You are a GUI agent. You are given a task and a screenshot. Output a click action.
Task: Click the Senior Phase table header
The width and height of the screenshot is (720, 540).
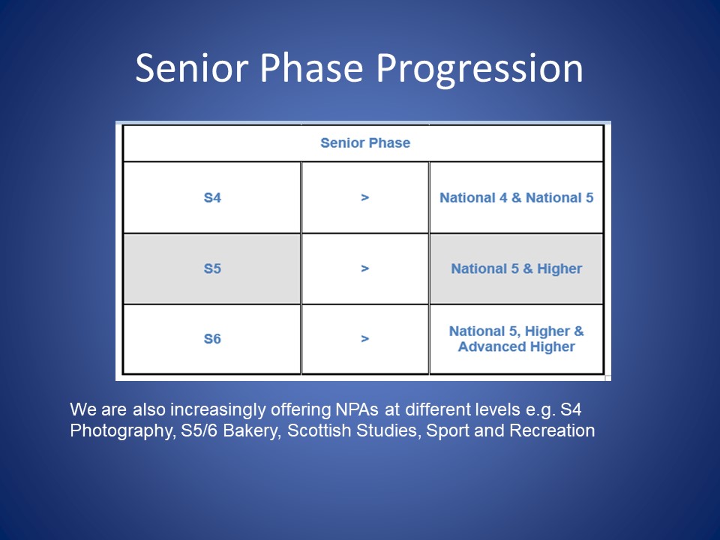(365, 142)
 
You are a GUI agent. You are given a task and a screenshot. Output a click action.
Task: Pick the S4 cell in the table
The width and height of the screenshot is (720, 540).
(212, 197)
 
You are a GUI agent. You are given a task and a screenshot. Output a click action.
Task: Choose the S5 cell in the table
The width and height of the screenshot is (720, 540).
(212, 268)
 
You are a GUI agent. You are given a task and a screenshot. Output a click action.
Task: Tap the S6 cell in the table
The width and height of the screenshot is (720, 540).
(212, 339)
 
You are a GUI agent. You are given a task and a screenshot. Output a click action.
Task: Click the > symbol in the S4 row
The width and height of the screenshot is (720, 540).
(365, 197)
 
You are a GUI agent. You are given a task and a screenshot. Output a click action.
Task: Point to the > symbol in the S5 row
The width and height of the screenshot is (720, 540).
(365, 268)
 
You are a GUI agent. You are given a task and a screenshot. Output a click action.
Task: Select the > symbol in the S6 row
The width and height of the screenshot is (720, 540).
(365, 339)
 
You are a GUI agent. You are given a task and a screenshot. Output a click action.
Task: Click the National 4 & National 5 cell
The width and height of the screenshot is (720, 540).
(517, 197)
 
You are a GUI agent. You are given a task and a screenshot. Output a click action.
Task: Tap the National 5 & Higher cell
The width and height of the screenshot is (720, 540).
(517, 268)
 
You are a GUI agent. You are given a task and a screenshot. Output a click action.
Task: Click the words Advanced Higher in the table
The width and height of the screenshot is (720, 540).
(517, 346)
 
